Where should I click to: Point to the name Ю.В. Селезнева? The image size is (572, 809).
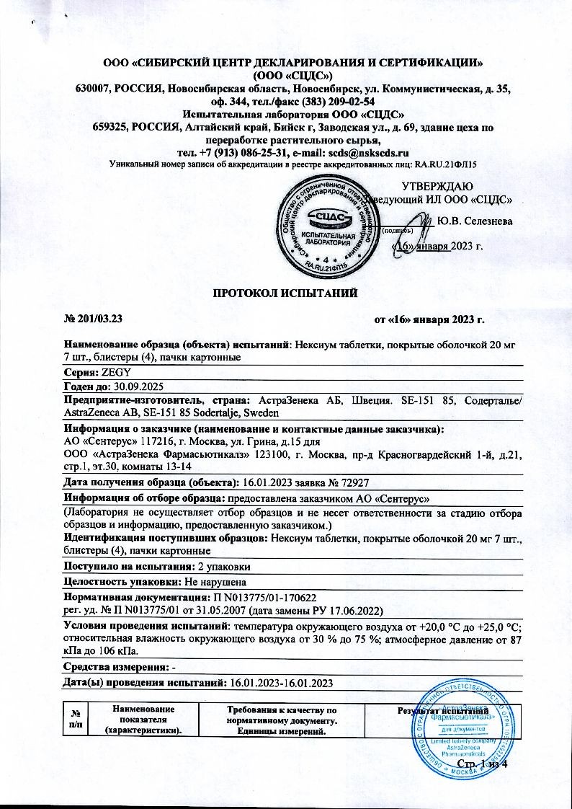click(x=475, y=221)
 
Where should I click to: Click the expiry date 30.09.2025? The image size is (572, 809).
click(x=135, y=386)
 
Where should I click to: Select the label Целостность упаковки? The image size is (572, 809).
click(x=119, y=582)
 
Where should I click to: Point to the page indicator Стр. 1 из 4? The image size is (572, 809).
click(x=482, y=763)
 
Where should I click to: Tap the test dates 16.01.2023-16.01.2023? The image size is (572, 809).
click(x=280, y=682)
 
